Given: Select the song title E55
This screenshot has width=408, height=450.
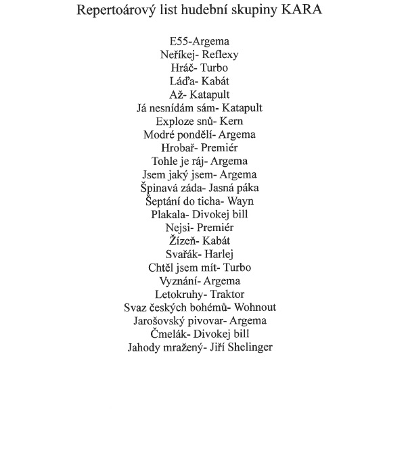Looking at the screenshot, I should click(181, 42).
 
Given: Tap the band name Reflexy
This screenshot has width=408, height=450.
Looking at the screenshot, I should click(221, 55).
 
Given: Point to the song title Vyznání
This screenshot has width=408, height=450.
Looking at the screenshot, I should click(179, 281).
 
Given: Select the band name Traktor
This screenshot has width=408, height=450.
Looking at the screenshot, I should click(227, 295).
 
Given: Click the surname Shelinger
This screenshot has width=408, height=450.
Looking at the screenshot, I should click(248, 348).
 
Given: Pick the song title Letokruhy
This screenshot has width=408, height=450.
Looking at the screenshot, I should click(177, 295).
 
